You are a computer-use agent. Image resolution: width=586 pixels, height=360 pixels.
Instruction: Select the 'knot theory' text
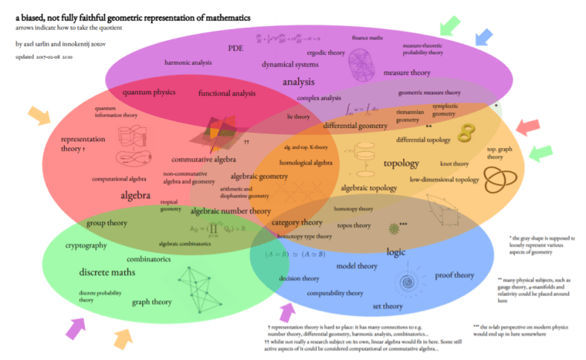(454, 163)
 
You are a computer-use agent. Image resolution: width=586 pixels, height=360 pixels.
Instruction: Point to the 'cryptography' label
(86, 245)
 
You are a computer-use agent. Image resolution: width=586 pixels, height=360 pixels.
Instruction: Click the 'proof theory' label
(454, 275)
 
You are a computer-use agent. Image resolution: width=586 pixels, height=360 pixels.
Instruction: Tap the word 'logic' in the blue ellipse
(396, 251)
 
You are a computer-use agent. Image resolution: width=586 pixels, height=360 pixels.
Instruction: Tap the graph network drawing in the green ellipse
(201, 286)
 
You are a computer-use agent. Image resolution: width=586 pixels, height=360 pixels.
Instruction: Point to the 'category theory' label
(297, 222)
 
